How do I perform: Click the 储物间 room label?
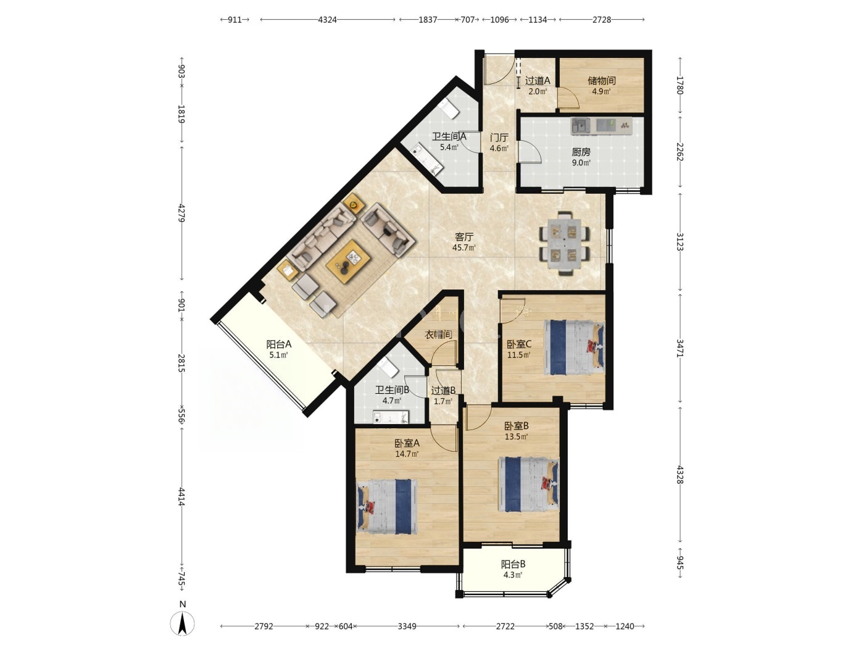[x=602, y=81]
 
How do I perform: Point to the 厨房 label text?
[x=581, y=152]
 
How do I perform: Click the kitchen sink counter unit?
[x=602, y=126]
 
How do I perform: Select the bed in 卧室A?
[x=386, y=507]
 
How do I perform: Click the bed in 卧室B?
[x=529, y=484]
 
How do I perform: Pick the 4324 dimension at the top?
[x=328, y=20]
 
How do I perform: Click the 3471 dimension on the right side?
[x=680, y=348]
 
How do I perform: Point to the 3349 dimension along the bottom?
[x=407, y=626]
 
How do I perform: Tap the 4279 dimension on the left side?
[x=182, y=213]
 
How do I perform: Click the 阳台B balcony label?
[x=513, y=564]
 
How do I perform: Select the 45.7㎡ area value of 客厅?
[x=464, y=248]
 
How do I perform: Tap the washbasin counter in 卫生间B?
[x=391, y=417]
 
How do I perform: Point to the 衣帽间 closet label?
[x=439, y=334]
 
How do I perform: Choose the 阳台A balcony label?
[x=279, y=344]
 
